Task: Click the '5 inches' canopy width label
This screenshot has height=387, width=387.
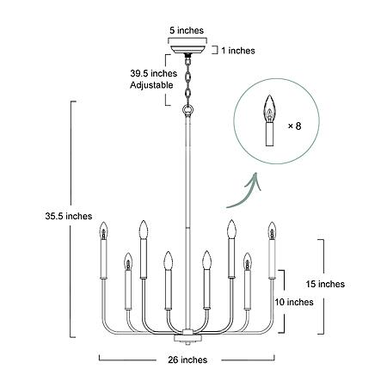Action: pyautogui.click(x=187, y=30)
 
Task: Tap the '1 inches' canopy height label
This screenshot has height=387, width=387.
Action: pyautogui.click(x=238, y=51)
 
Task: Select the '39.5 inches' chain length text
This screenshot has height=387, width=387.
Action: pyautogui.click(x=154, y=73)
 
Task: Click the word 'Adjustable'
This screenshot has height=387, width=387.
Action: pyautogui.click(x=151, y=85)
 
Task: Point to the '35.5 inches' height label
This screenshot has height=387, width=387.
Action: pyautogui.click(x=69, y=216)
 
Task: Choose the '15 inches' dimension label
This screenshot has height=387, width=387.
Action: pyautogui.click(x=325, y=284)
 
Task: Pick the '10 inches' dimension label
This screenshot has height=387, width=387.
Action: pyautogui.click(x=294, y=302)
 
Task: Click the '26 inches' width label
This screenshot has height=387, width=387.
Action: pyautogui.click(x=187, y=359)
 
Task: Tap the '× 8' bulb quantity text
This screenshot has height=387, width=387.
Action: pyautogui.click(x=295, y=126)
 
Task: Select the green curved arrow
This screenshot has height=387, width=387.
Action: pyautogui.click(x=245, y=191)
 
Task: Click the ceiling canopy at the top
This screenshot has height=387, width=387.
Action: pyautogui.click(x=187, y=49)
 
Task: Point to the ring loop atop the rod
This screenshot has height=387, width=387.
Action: pyautogui.click(x=188, y=110)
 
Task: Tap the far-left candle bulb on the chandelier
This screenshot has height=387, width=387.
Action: pyautogui.click(x=103, y=230)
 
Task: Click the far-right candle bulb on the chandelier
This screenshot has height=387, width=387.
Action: pyautogui.click(x=272, y=230)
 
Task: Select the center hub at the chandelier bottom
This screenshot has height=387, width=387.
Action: pyautogui.click(x=187, y=336)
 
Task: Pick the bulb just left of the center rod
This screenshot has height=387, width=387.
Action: pyautogui.click(x=168, y=261)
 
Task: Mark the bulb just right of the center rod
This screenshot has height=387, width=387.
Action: pyautogui.click(x=206, y=261)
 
